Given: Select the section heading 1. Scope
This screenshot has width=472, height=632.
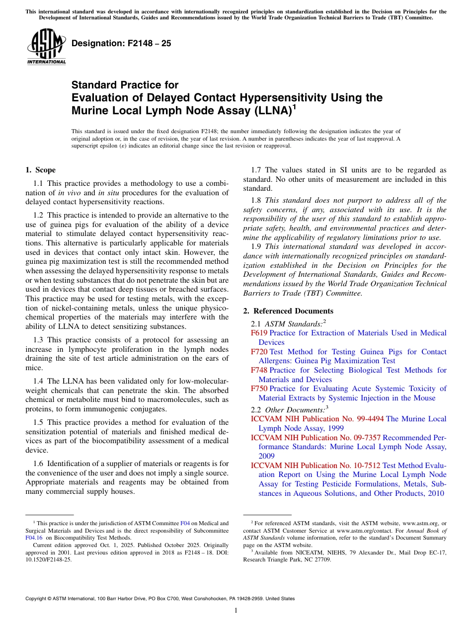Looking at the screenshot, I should pos(41,170).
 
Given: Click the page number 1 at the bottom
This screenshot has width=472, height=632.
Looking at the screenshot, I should pos(236,611).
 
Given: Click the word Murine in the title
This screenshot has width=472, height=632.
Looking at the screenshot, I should pos(89,110).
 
